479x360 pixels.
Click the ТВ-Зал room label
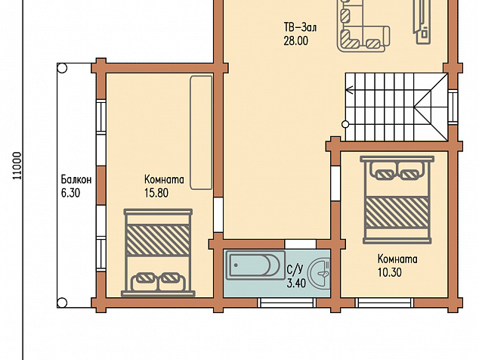click(300, 27)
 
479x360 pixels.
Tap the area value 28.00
click(295, 41)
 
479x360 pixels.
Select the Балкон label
click(76, 179)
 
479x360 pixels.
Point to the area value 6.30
click(70, 193)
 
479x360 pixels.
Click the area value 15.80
click(156, 193)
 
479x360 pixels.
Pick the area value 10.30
click(390, 272)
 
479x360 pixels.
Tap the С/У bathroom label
click(295, 269)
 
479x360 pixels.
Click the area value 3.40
click(296, 283)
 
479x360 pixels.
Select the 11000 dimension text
click(17, 166)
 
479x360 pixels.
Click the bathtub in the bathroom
click(255, 265)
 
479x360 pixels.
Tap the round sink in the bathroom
click(319, 273)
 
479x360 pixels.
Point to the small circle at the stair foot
click(345, 124)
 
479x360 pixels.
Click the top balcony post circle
click(62, 68)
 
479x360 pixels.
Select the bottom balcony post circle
click(62, 303)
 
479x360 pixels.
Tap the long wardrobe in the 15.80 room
click(201, 133)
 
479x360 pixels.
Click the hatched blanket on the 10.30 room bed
click(397, 212)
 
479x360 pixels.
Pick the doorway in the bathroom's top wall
click(300, 244)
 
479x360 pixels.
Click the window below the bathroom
click(286, 303)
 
